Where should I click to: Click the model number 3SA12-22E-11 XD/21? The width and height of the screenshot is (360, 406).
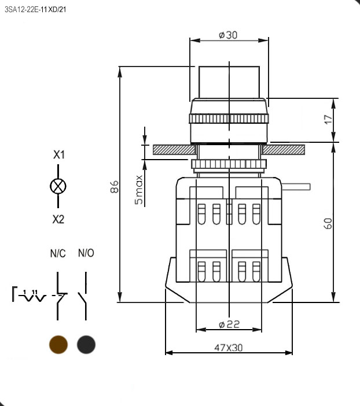35,10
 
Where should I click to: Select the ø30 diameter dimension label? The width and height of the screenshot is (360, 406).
228,35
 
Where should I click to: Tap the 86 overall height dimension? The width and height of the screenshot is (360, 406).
114,187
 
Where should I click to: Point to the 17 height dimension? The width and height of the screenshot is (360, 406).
328,120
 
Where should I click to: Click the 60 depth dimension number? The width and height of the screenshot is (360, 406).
328,223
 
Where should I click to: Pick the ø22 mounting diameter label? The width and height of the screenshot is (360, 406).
229,324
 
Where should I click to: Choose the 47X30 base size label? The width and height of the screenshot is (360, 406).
229,348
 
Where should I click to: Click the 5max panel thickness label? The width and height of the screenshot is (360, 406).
139,190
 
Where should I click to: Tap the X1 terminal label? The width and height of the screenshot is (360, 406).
59,154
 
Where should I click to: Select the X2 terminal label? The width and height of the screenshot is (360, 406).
58,219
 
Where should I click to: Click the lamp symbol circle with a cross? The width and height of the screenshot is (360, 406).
58,186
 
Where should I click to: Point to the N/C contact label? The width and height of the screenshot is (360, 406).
58,253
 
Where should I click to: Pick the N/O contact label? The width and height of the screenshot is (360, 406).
86,253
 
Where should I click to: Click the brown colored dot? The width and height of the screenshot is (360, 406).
58,345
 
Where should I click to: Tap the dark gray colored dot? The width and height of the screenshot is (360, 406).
86,345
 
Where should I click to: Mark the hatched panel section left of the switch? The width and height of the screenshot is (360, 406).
174,150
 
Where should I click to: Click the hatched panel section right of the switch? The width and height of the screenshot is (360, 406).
283,150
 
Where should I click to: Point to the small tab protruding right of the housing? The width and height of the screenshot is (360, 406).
296,187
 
